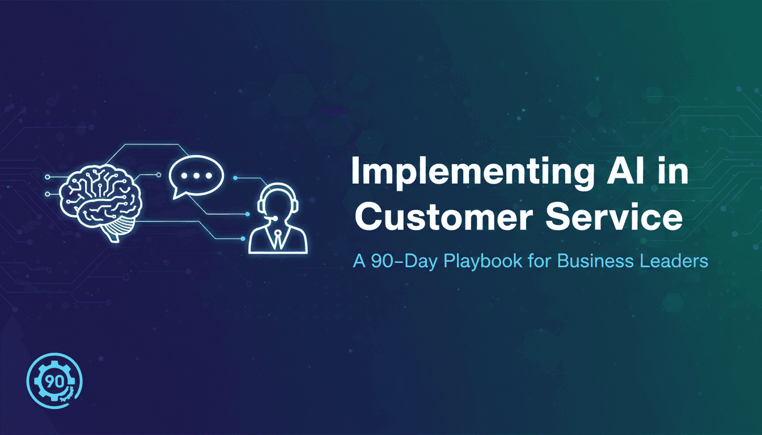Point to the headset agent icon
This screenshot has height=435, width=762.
[278, 219]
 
